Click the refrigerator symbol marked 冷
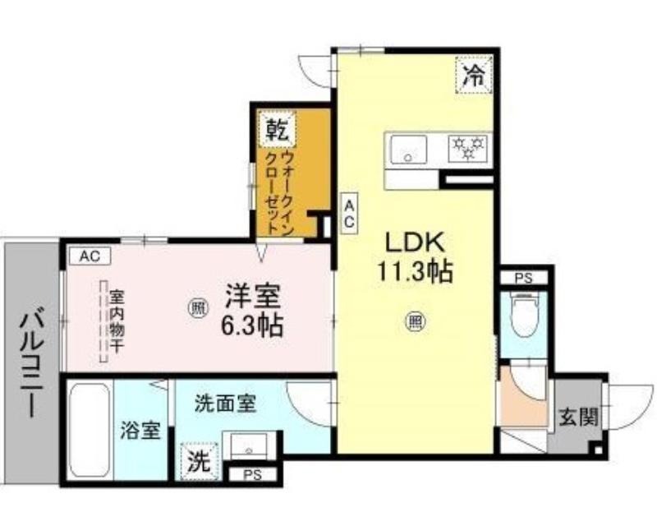click(x=474, y=75)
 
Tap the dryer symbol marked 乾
click(x=278, y=129)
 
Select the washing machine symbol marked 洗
click(x=199, y=461)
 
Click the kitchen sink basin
click(x=408, y=150)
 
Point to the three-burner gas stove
click(x=467, y=149)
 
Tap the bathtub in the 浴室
click(x=90, y=431)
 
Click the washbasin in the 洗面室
click(x=249, y=446)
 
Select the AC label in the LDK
click(x=349, y=213)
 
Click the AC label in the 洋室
click(x=90, y=256)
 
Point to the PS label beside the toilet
click(x=524, y=278)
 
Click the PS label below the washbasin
click(x=253, y=474)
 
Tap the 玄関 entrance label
click(x=579, y=417)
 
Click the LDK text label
click(x=415, y=242)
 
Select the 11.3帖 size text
click(x=415, y=271)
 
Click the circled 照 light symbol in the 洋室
click(x=197, y=309)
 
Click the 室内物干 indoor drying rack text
click(x=117, y=321)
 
